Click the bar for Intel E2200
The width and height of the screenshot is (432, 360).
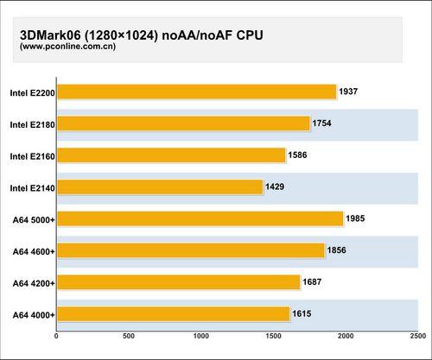click(x=196, y=92)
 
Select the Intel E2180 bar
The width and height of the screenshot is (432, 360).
click(x=182, y=123)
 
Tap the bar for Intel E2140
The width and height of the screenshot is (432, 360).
click(x=159, y=186)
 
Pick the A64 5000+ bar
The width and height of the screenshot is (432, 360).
click(x=200, y=218)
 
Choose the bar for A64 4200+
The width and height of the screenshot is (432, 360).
click(x=178, y=282)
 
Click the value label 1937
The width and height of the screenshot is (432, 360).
click(x=349, y=92)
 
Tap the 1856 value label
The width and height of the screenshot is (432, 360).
click(x=338, y=250)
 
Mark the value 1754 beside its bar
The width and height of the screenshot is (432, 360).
click(x=322, y=123)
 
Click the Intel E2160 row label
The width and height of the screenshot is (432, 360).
click(x=32, y=156)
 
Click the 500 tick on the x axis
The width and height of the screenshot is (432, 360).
click(x=128, y=336)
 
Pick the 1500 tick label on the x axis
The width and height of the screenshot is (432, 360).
click(x=273, y=336)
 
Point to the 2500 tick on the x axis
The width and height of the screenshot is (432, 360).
click(x=417, y=336)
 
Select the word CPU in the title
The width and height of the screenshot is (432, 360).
click(x=248, y=35)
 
